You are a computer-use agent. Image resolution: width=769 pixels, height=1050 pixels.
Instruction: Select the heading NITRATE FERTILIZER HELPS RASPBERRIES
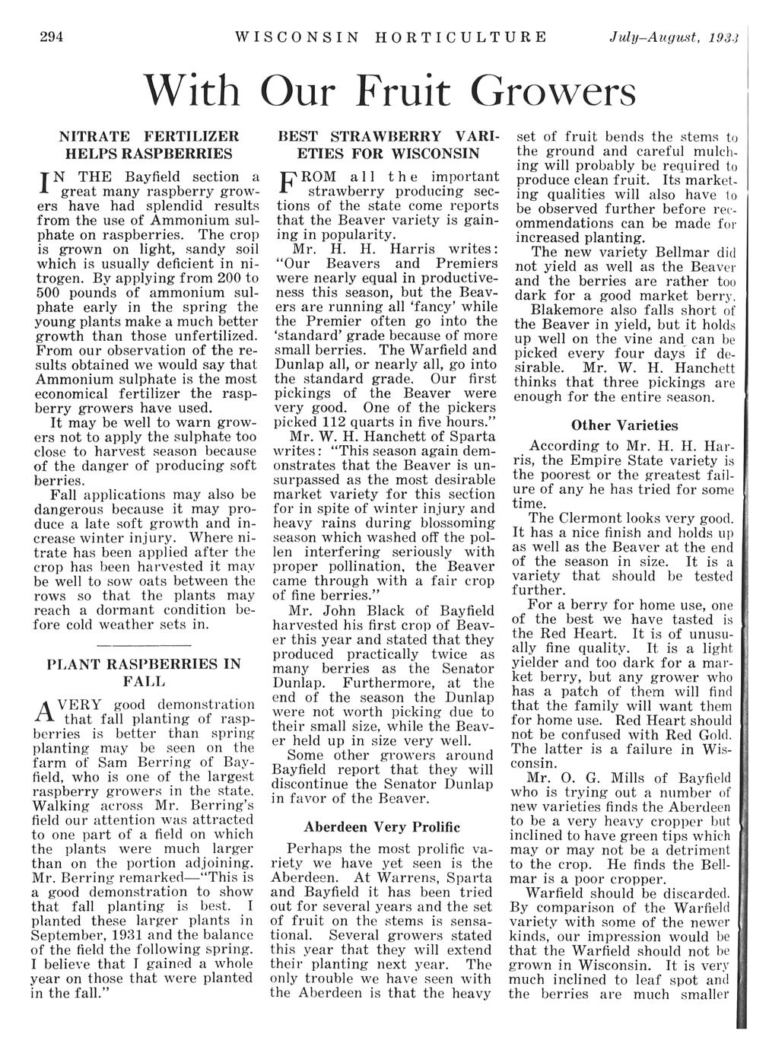coord(149,145)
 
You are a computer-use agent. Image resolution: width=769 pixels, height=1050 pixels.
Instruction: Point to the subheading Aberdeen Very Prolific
coord(382,826)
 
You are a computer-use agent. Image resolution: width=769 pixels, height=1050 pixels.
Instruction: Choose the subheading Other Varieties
coord(624,425)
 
